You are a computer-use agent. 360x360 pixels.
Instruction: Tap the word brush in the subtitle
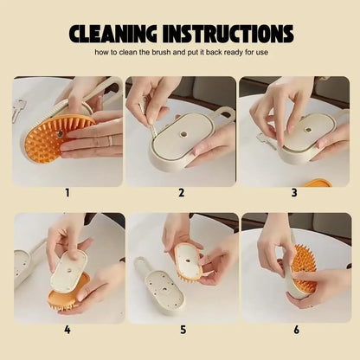[x=180, y=53]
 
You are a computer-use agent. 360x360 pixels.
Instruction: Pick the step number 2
[x=181, y=192]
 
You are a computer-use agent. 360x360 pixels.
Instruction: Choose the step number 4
[x=67, y=329]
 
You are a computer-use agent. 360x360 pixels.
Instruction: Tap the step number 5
[x=181, y=329]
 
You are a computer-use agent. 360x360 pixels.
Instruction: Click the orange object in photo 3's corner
[x=317, y=182]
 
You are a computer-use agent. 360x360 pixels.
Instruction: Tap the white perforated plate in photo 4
[x=68, y=270]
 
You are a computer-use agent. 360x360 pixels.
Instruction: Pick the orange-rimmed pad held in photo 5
[x=188, y=259]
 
